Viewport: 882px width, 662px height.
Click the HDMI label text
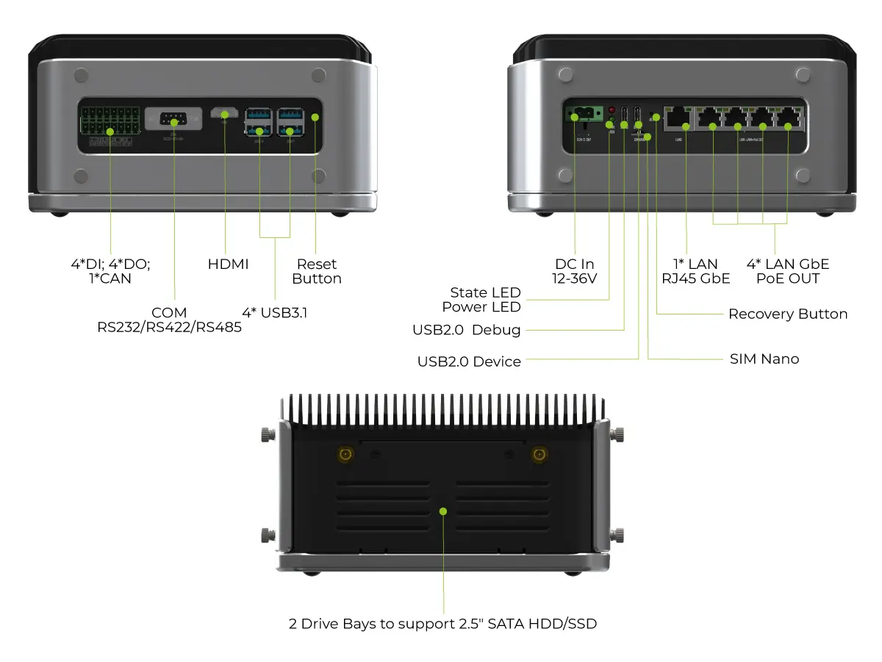[x=228, y=264]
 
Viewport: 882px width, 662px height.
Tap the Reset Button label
[x=317, y=271]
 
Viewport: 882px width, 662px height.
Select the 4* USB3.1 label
[x=275, y=312]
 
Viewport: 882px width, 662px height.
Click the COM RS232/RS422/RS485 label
[x=170, y=320]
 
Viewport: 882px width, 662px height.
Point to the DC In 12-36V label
[x=575, y=271]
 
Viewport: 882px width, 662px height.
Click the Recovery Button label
[x=788, y=314]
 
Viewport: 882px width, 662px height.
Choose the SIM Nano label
[x=764, y=359]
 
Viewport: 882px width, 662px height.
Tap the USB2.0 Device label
[x=469, y=361]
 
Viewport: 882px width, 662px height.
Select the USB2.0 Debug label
[x=467, y=330]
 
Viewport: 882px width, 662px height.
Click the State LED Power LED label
[x=481, y=300]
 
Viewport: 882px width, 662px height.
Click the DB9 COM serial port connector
[x=173, y=118]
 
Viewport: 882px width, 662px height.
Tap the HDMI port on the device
[x=224, y=114]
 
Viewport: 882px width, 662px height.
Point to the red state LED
[x=611, y=110]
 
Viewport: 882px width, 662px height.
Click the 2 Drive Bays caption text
[x=442, y=624]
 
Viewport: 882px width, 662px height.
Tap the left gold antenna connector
[x=344, y=455]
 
